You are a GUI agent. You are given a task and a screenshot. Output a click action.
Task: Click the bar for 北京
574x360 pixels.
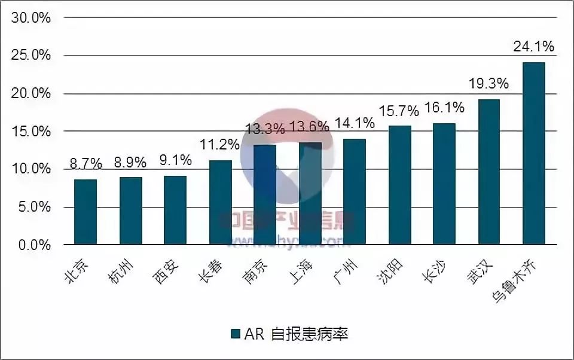pos(86,212)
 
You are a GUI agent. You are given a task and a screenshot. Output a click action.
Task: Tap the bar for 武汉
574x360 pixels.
pos(489,172)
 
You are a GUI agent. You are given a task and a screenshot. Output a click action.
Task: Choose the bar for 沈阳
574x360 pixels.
pos(399,185)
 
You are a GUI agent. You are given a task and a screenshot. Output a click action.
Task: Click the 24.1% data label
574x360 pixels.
pos(534,47)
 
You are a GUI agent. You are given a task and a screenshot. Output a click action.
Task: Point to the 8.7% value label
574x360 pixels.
pos(85,163)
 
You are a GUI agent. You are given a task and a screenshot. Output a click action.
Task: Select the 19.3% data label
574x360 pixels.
pos(488,84)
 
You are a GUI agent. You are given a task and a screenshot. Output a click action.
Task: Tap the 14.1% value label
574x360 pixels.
pos(355,123)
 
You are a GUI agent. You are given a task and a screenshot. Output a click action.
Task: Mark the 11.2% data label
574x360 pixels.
pos(219,145)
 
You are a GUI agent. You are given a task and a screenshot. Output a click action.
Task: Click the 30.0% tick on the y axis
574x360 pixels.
pos(30,17)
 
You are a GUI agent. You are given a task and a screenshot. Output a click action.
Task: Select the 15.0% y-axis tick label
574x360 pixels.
pos(30,131)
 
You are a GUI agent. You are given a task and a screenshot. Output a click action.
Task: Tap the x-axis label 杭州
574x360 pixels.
pos(124,273)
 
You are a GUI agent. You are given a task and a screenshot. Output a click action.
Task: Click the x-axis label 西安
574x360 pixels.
pos(169,273)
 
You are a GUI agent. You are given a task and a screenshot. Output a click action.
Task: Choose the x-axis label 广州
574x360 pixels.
pos(347,273)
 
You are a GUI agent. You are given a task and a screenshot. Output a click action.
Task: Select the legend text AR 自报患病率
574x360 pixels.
pos(296,334)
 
